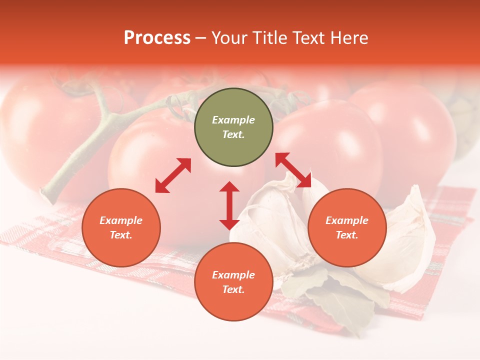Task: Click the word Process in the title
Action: [x=157, y=38]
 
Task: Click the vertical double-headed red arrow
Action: [x=229, y=205]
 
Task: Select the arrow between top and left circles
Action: [x=173, y=175]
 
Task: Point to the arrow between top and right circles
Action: [x=293, y=170]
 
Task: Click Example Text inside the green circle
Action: [x=233, y=127]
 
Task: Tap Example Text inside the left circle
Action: [x=121, y=227]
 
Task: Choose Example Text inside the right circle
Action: [x=347, y=227]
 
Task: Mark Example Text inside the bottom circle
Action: [x=233, y=282]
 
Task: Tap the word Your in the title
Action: [x=227, y=38]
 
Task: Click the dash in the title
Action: [x=200, y=38]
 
